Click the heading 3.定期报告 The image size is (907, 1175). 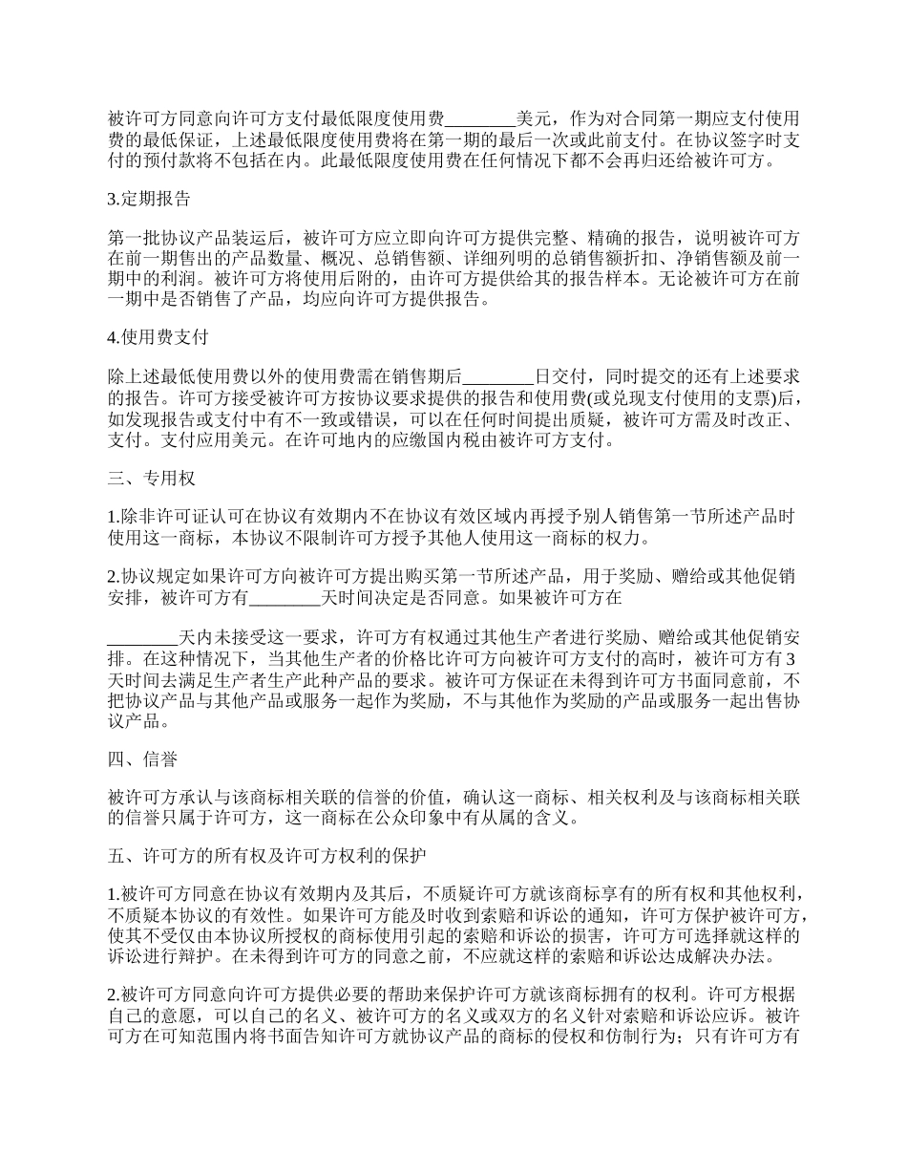[149, 200]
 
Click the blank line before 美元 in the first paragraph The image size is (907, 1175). [480, 119]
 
